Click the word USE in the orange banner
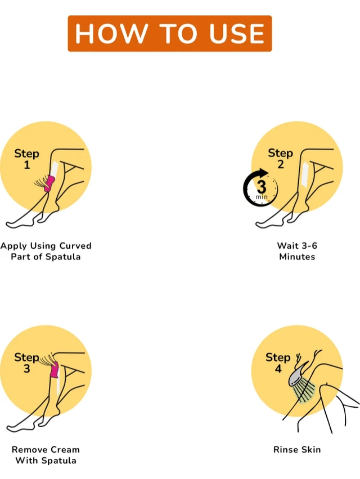coord(237,33)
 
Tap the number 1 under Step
coord(27,165)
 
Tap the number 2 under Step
coord(281,164)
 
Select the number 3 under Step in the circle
coord(27,369)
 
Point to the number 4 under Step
coord(278,369)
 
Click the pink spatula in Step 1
coord(50,183)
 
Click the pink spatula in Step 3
coord(54,369)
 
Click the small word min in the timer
coord(262,197)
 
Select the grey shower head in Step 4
coord(297,375)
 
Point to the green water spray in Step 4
coord(305,392)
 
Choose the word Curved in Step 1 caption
coord(75,246)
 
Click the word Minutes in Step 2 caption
coord(297,257)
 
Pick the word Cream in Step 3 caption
coord(65,450)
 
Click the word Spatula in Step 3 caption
coord(59,461)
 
